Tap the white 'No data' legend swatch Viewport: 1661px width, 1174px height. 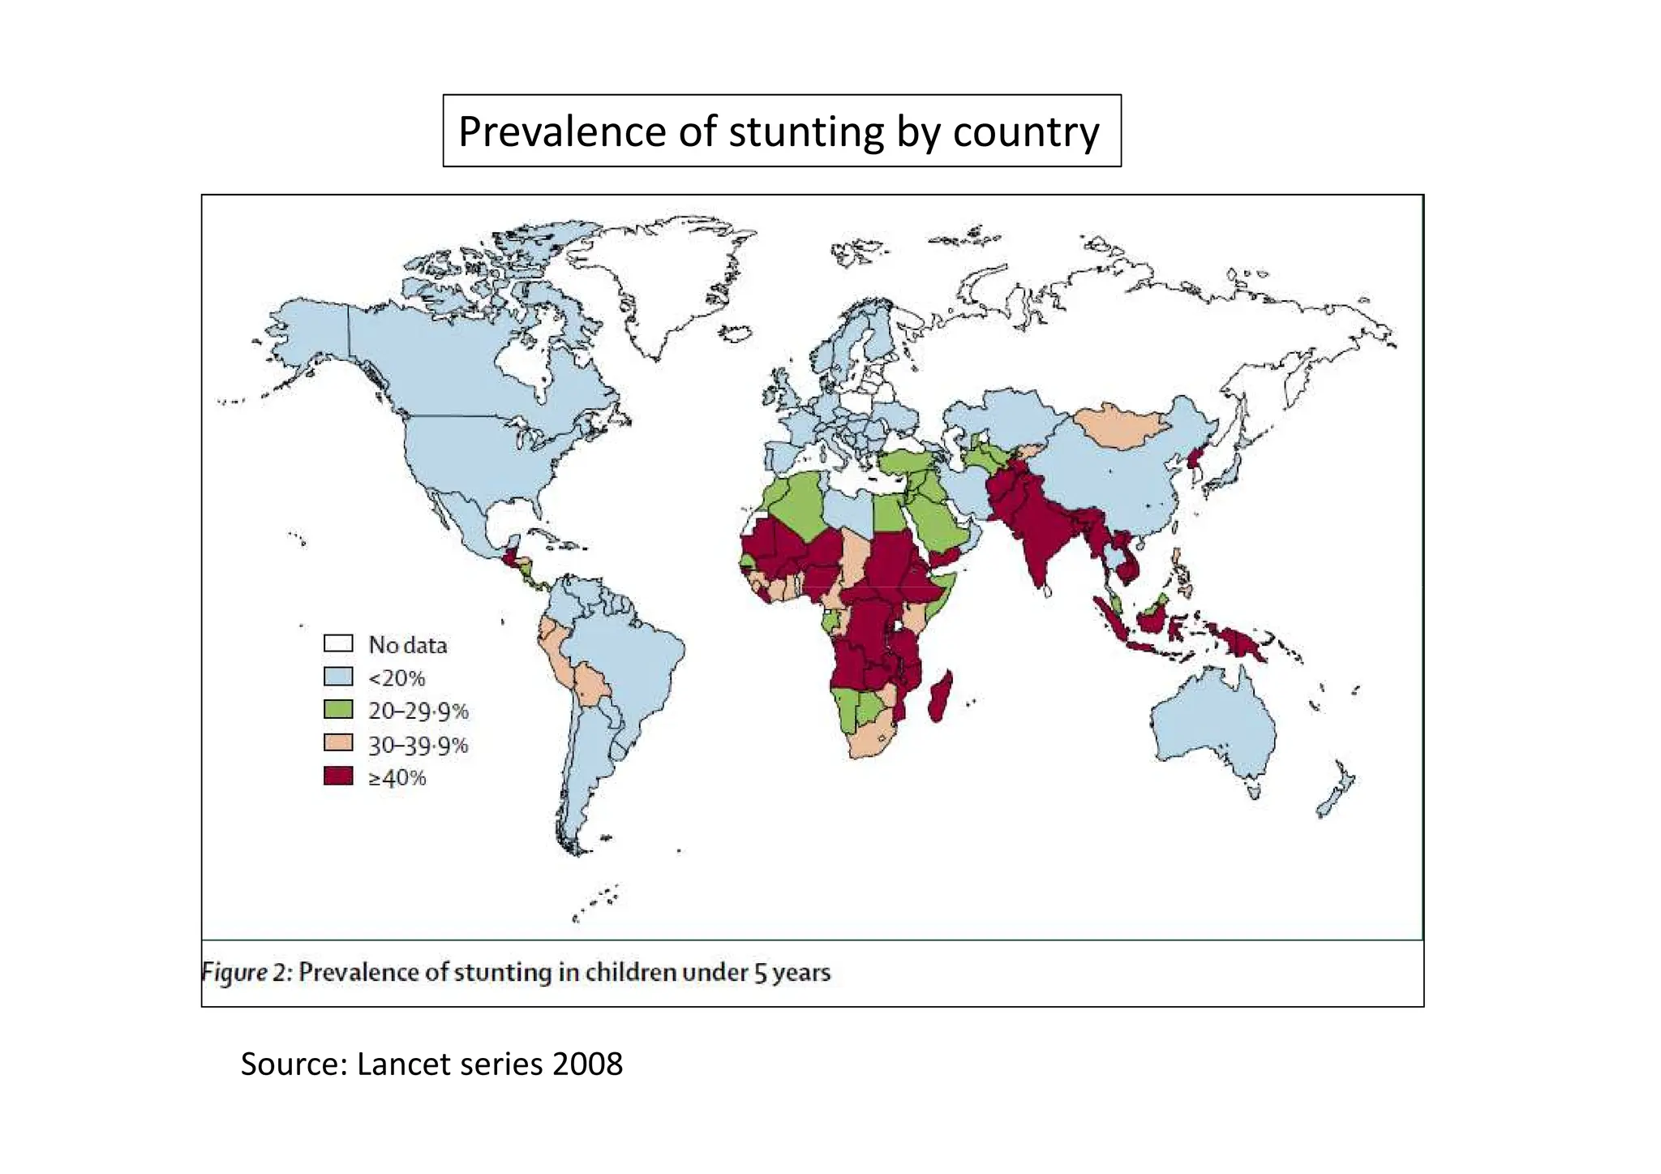tap(338, 643)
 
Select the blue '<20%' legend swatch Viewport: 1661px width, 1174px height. tap(338, 677)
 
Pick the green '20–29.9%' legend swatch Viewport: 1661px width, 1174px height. tap(338, 710)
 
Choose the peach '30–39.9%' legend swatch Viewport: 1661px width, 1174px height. tap(338, 743)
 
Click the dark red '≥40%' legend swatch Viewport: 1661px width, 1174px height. tap(338, 776)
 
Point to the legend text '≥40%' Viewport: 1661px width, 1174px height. tap(397, 778)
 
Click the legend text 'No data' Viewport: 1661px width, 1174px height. tap(407, 645)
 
